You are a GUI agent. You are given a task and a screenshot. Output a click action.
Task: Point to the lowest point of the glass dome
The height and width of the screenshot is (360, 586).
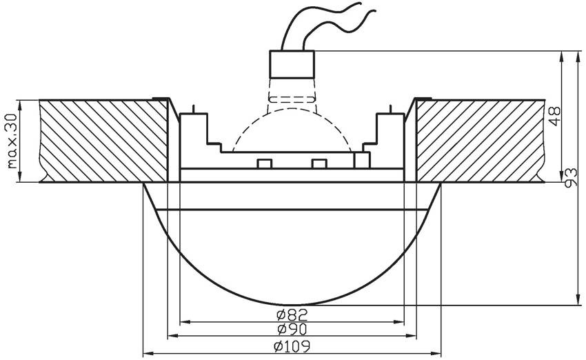292,304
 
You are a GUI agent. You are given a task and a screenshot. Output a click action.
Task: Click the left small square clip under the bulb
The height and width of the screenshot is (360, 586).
263,163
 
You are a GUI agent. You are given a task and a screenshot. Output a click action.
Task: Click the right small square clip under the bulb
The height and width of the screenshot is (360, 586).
318,163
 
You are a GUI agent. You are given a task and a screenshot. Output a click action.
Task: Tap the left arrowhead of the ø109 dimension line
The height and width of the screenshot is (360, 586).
146,353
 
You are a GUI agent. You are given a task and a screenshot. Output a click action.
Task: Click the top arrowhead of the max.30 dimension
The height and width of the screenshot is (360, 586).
21,103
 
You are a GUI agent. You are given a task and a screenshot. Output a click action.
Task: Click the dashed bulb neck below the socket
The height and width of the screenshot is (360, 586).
292,93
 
